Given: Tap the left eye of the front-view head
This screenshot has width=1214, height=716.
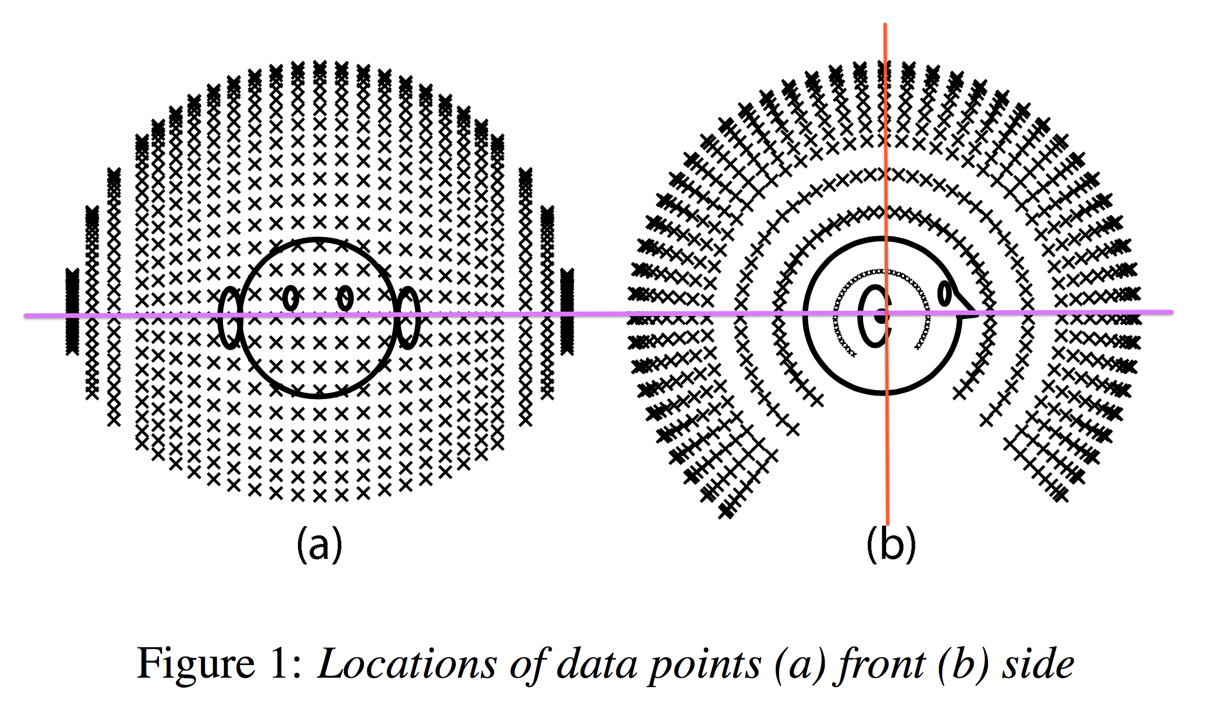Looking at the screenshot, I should (x=291, y=298).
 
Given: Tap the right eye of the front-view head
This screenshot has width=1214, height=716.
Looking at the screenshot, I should (x=345, y=298).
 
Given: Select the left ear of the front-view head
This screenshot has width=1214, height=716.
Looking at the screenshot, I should (x=230, y=317).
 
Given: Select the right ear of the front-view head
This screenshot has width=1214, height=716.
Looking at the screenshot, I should (x=408, y=317).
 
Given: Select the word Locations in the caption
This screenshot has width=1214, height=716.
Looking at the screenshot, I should (x=407, y=665).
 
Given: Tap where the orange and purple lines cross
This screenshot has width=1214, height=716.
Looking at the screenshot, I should (x=887, y=313).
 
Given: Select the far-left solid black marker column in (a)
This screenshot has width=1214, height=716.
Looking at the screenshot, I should (x=72, y=311).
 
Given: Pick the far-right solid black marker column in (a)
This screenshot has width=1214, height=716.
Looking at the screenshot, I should (x=567, y=311).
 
